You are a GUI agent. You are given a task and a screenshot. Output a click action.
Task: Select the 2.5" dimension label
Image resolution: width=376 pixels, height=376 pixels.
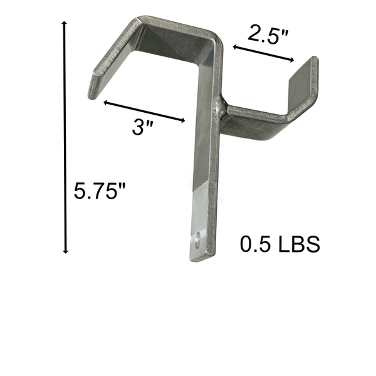(x=268, y=34)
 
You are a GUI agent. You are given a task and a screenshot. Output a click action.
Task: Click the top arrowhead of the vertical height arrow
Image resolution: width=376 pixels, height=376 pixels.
(x=65, y=22)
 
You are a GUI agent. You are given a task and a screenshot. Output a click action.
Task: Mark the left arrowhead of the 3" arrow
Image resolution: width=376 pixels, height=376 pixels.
(x=106, y=102)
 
